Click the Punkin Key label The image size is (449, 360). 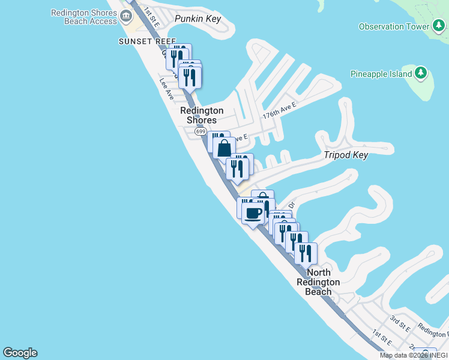point(197,19)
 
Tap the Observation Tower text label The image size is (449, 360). point(394,26)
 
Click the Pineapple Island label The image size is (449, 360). point(381,74)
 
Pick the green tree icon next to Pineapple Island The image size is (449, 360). point(421,73)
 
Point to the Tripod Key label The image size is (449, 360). point(346,155)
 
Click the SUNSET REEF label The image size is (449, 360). point(147,41)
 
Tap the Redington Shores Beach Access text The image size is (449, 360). point(84,17)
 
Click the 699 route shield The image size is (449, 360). point(200,131)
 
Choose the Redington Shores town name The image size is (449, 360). point(202,115)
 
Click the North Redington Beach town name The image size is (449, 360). point(318,282)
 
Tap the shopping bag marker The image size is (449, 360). point(224,148)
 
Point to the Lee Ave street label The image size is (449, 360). point(166,89)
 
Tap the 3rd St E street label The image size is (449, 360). point(400,325)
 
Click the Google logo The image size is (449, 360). point(20,353)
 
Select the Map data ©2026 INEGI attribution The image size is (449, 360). point(414,355)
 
